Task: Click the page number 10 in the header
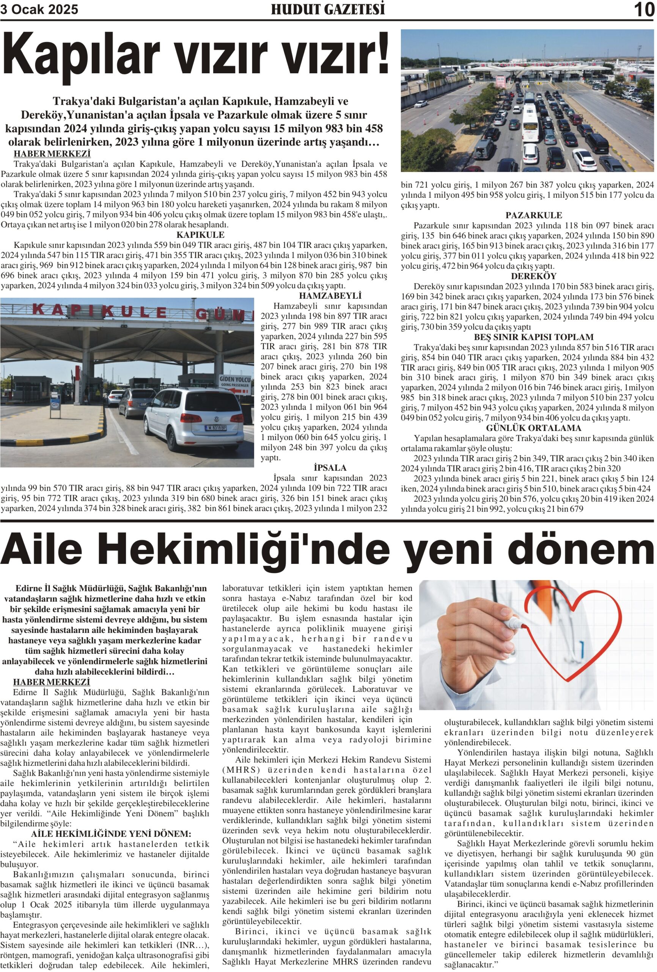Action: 644,9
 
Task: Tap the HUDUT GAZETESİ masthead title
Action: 328,9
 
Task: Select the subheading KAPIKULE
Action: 200,235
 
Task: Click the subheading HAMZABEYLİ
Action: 330,296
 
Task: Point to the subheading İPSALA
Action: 330,468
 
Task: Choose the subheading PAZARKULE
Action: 533,215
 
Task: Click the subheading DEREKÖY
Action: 533,276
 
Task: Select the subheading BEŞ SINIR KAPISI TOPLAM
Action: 533,337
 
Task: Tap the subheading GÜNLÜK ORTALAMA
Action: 533,428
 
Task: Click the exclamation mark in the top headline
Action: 381,54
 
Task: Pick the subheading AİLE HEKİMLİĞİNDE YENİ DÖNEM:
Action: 111,833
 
